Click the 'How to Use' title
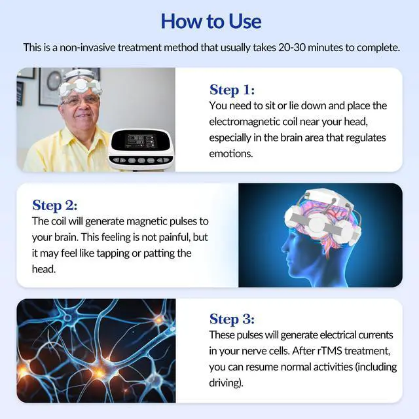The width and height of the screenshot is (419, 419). tap(210, 21)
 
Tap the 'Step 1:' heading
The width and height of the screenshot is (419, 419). tap(232, 90)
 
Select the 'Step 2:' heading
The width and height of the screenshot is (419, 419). tap(55, 205)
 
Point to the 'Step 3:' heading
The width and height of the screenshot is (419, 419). tap(232, 319)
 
